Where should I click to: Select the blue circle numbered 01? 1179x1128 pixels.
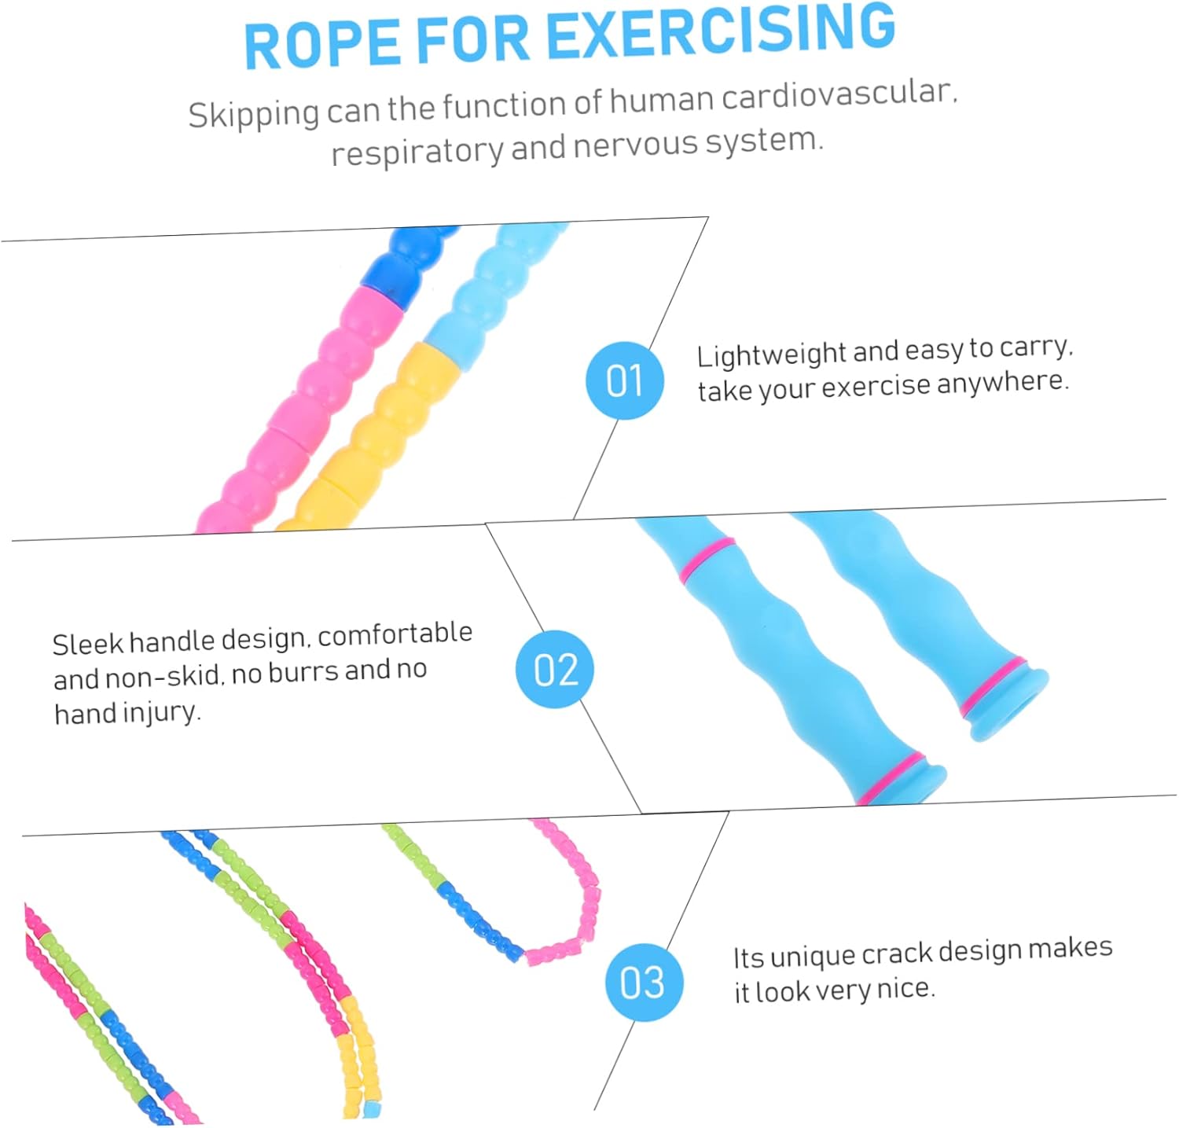click(625, 380)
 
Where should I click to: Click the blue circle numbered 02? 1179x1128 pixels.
click(555, 669)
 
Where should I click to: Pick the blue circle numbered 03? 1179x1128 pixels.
click(643, 982)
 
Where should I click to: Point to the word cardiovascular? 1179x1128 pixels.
click(838, 96)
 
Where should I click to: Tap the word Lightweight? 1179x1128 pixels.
click(770, 355)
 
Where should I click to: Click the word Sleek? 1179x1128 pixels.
click(87, 645)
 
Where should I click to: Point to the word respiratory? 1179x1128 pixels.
click(417, 151)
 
